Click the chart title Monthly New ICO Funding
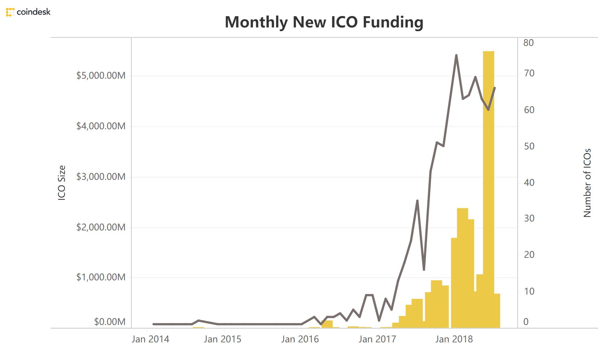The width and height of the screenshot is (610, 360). [324, 22]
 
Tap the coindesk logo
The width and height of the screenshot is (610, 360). [28, 12]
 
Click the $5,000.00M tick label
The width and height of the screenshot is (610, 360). [101, 76]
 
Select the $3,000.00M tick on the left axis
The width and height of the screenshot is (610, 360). [101, 177]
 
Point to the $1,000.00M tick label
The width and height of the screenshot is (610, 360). [101, 277]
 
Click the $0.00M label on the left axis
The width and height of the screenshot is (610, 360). [110, 322]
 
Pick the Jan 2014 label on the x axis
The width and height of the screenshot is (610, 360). [150, 340]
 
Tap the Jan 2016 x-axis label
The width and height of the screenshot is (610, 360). [300, 340]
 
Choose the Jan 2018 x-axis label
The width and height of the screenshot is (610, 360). [454, 340]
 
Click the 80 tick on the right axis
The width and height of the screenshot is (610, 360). [529, 43]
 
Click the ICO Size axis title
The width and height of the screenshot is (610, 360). [62, 183]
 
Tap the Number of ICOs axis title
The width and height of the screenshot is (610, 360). [587, 183]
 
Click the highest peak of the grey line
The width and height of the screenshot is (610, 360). [456, 55]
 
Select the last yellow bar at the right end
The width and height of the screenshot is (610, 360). [497, 311]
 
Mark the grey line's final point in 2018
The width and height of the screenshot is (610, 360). [495, 88]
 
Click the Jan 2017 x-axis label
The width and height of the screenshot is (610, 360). [377, 340]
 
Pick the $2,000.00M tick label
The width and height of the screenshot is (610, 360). [101, 227]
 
